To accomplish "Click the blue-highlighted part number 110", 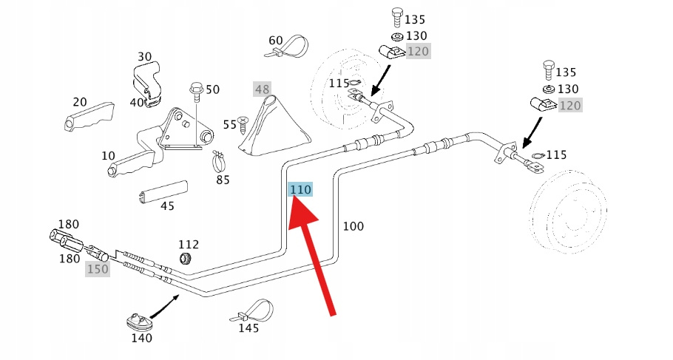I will click(x=301, y=190).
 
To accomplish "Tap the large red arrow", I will click(x=314, y=255).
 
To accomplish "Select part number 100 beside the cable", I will click(x=354, y=226).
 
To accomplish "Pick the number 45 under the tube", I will click(x=167, y=206).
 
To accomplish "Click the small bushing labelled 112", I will click(x=186, y=257).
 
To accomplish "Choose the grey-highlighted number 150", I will click(x=98, y=269).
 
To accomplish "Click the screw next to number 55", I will click(x=245, y=126).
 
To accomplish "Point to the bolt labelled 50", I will click(x=197, y=92).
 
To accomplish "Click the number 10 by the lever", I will click(x=109, y=156).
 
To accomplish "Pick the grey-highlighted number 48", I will click(x=263, y=89).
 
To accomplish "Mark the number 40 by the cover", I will click(x=137, y=102).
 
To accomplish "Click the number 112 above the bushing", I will click(x=189, y=244).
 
